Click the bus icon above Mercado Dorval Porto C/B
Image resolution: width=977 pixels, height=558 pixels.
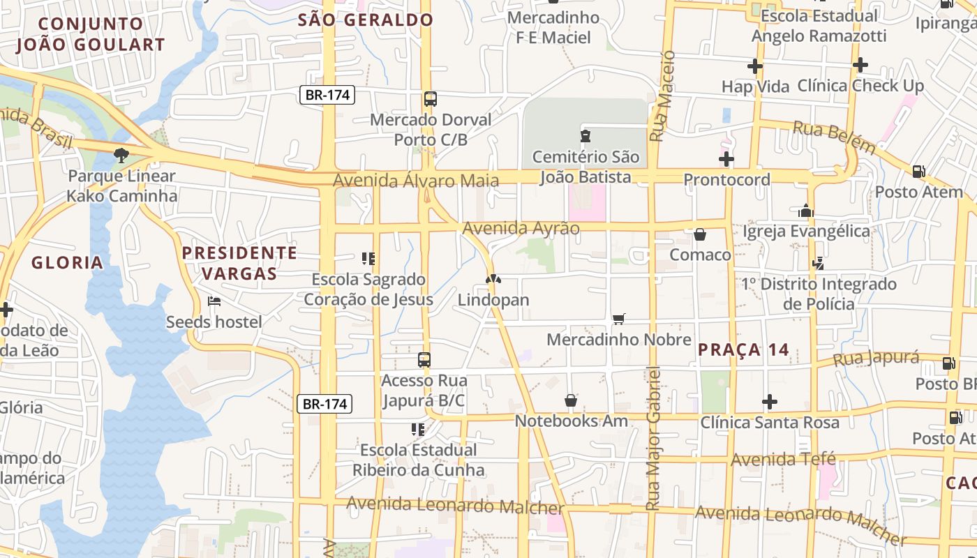pos(431,99)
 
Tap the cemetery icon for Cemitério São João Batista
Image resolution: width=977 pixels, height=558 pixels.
pos(586,135)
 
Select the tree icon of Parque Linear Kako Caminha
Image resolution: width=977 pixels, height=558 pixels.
pos(121,155)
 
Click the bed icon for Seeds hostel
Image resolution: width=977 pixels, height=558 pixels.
pos(214,301)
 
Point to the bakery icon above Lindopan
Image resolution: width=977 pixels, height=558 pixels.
pos(493,279)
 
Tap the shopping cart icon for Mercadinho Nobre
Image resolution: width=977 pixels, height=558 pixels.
pos(618,319)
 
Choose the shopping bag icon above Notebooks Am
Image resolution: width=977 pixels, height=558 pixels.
pos(571,400)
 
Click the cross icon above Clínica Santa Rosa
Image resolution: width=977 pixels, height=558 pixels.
pos(770,402)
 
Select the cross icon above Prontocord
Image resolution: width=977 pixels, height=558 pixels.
pos(726,159)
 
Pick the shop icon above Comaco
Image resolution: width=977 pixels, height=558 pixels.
pos(700,234)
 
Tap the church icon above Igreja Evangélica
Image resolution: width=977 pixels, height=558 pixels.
pos(806,211)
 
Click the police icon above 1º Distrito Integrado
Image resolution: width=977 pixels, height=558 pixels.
pos(819,264)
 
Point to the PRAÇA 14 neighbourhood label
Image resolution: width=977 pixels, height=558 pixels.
pos(743,349)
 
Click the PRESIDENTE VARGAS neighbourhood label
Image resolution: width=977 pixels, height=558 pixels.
pos(240,262)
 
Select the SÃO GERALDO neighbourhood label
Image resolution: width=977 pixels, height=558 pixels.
pos(366,20)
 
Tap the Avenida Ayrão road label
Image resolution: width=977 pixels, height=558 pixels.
pos(521,228)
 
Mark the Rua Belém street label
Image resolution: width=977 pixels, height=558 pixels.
pos(834,137)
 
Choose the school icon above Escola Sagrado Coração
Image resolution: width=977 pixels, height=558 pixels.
pos(368,259)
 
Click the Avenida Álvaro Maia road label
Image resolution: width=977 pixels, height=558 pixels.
pos(416,181)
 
